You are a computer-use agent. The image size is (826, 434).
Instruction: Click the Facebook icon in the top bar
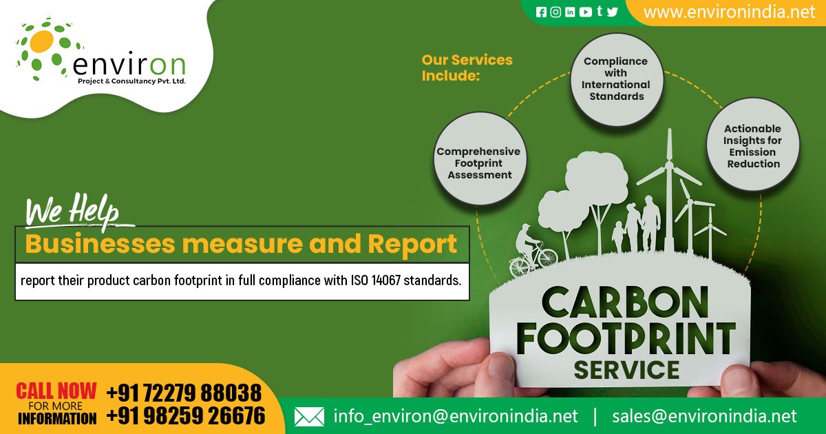click(541, 12)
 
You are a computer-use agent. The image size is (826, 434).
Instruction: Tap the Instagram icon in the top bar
click(555, 12)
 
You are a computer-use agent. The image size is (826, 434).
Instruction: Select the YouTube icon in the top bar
click(585, 12)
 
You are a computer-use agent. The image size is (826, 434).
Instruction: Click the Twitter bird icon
click(612, 12)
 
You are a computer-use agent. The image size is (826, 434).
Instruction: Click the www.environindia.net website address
click(729, 12)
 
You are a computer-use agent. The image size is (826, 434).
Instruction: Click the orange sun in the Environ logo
click(41, 41)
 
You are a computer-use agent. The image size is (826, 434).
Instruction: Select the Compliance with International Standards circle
click(616, 79)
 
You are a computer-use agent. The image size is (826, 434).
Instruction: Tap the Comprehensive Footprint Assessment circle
click(479, 158)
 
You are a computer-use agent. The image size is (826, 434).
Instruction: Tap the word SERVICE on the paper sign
click(626, 370)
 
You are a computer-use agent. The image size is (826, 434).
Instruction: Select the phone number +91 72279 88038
click(184, 392)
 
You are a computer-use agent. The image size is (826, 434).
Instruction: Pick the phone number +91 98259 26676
click(186, 415)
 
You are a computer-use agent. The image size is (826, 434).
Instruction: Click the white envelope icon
click(309, 417)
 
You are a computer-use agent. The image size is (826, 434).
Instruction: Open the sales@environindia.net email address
click(704, 416)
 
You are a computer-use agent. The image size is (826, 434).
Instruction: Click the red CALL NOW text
click(56, 391)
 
